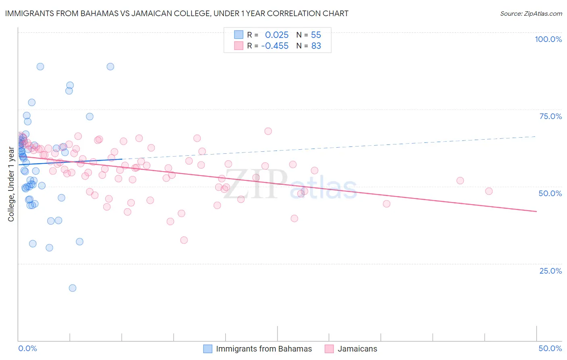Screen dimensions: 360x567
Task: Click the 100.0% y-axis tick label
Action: tap(548, 39)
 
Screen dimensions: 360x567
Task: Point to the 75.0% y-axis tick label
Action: tap(550, 116)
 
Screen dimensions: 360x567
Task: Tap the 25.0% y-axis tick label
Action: tap(550, 271)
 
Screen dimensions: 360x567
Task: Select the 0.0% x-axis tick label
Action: tap(27, 348)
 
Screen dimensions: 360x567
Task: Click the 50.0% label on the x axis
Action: tap(550, 348)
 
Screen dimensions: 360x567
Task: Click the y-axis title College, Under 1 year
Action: tap(11, 184)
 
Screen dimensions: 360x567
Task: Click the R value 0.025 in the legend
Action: tap(277, 35)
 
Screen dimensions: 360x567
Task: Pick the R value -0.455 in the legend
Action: tap(275, 46)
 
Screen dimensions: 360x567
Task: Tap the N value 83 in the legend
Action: tap(316, 46)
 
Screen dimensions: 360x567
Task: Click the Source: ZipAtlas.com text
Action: tap(531, 14)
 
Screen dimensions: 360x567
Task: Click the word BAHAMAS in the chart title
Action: tap(96, 13)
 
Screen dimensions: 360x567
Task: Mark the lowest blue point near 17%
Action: tap(73, 288)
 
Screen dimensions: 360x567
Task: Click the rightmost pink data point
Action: tap(489, 191)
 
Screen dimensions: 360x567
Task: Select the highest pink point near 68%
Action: tap(268, 131)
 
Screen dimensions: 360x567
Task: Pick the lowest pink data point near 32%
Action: tap(184, 240)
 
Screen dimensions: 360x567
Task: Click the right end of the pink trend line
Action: tap(536, 211)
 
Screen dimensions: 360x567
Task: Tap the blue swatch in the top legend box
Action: tap(239, 35)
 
